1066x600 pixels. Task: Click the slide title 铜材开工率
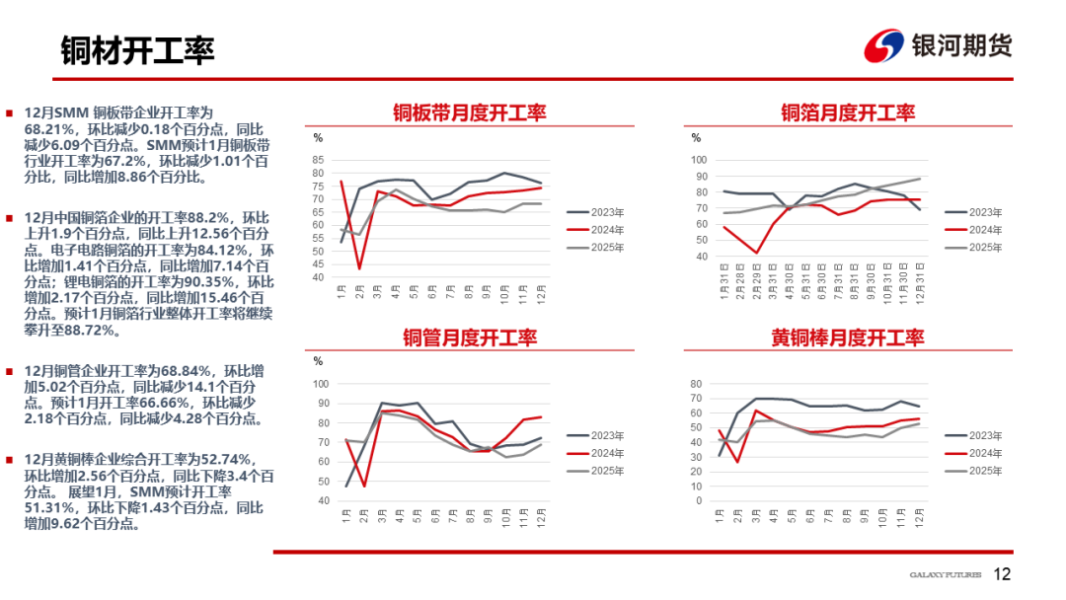[x=137, y=49]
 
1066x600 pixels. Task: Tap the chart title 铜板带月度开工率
[x=469, y=112]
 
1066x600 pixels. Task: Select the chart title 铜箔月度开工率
[x=848, y=112]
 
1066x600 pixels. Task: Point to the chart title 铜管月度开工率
[x=469, y=337]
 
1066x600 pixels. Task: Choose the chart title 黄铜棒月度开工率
[x=848, y=337]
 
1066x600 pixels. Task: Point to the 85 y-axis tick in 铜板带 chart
[x=318, y=160]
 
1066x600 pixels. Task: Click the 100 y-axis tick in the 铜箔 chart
[x=699, y=160]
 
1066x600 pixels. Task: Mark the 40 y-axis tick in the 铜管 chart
[x=321, y=500]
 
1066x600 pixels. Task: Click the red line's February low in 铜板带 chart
[x=360, y=268]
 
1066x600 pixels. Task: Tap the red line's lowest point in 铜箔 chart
[x=757, y=253]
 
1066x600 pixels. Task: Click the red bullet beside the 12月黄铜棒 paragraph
[x=10, y=460]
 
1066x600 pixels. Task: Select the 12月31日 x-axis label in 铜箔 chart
[x=919, y=281]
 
